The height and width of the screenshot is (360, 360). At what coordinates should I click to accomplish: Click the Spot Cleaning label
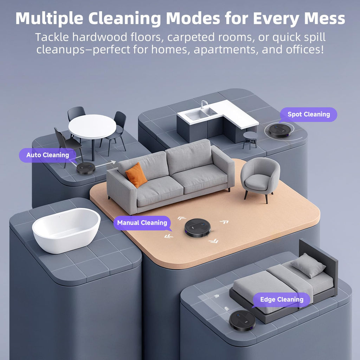pyautogui.click(x=308, y=114)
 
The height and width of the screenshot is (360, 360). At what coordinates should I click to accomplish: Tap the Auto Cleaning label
pyautogui.click(x=47, y=155)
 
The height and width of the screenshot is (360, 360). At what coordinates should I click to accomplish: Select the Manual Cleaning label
pyautogui.click(x=142, y=223)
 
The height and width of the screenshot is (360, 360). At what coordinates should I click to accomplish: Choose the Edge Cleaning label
pyautogui.click(x=282, y=300)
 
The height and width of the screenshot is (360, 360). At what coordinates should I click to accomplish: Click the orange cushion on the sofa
pyautogui.click(x=136, y=175)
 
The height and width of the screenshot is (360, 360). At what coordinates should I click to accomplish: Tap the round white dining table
pyautogui.click(x=92, y=127)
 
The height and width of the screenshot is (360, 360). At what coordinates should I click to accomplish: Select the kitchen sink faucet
pyautogui.click(x=203, y=104)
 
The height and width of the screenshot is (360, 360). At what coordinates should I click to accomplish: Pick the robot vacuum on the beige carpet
pyautogui.click(x=198, y=227)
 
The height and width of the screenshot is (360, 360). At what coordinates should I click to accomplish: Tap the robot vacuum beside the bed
pyautogui.click(x=242, y=320)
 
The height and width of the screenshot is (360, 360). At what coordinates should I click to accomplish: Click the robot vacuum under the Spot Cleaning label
pyautogui.click(x=280, y=130)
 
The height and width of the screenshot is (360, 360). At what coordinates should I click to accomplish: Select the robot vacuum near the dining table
pyautogui.click(x=86, y=168)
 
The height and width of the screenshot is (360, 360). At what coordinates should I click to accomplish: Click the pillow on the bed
pyautogui.click(x=308, y=265)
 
